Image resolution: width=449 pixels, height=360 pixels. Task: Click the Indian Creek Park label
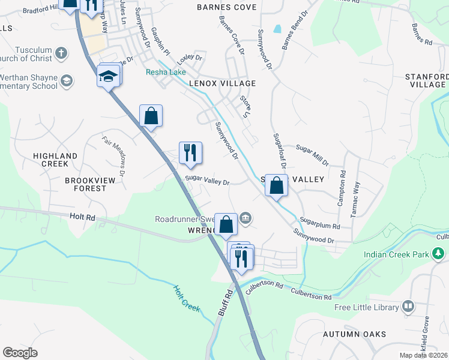[396, 254]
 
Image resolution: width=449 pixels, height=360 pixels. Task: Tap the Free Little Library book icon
[409, 307]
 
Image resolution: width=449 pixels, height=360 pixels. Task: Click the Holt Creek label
[186, 298]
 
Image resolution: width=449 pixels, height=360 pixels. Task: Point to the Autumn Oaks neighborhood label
[354, 334]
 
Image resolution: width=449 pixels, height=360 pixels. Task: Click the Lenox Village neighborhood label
[222, 83]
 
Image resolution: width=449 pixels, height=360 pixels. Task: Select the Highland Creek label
[55, 156]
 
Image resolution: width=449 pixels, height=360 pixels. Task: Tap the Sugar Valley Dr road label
[207, 180]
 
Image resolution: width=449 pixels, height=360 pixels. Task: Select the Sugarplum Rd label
[320, 223]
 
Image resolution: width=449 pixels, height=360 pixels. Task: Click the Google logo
[20, 353]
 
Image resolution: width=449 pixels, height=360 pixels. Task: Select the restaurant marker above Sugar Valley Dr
[190, 152]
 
